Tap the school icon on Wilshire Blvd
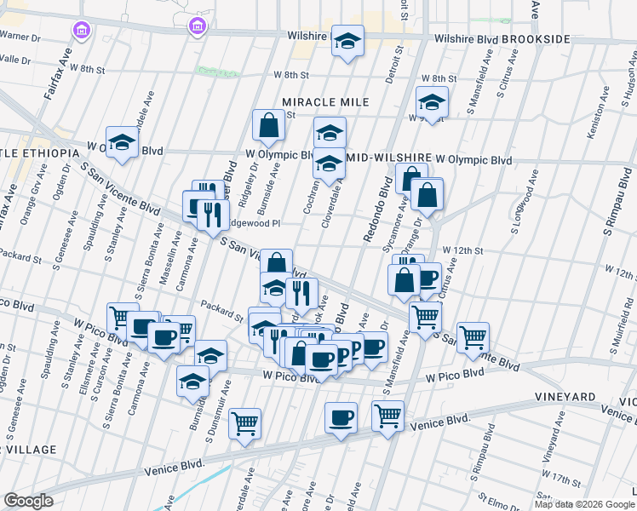tap(347, 42)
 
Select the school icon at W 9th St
tap(432, 103)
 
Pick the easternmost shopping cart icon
tap(473, 336)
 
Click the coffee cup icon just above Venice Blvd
tap(341, 418)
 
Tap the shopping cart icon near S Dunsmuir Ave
tap(245, 423)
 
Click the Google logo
tap(29, 501)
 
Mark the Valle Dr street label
tap(15, 60)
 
